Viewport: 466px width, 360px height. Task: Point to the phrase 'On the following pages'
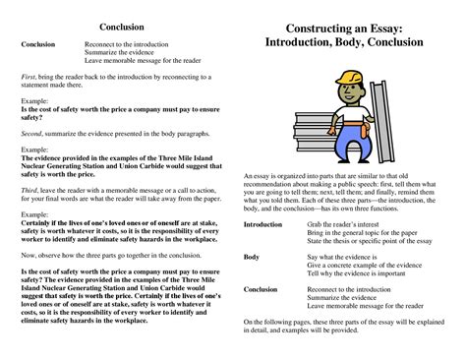pos(285,322)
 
